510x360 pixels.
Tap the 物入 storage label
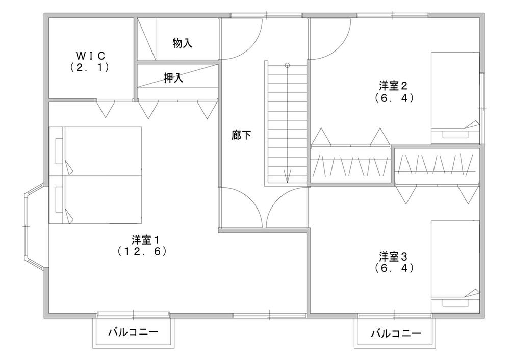(182, 43)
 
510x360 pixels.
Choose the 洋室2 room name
(393, 85)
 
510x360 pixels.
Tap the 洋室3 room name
(393, 255)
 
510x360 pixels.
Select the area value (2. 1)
(90, 67)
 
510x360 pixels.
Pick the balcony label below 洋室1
(133, 333)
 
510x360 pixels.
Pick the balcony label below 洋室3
(396, 334)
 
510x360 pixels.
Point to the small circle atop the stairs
(288, 65)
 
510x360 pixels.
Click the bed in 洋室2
(455, 97)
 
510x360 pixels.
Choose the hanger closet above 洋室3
(437, 165)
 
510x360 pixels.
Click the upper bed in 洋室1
(95, 151)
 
